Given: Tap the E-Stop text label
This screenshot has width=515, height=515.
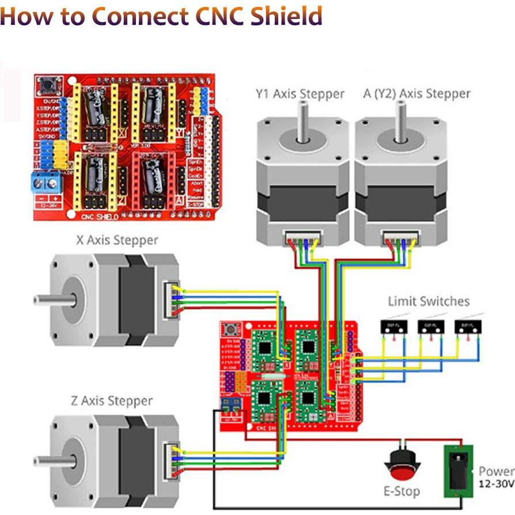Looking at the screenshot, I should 402,491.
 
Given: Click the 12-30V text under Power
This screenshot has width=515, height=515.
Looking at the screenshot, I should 496,485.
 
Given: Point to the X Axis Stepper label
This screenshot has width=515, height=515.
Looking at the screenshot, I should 117,240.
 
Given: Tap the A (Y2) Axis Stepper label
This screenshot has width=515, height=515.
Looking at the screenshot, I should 417,93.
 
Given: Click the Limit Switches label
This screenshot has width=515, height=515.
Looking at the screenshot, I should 428,301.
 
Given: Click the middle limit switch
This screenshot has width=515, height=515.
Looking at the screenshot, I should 430,326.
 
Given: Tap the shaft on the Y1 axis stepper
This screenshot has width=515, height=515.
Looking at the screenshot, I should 301,124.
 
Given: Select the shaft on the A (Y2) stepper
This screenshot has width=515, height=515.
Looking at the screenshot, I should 397,124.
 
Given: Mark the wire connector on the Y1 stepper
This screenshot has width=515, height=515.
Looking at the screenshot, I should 300,236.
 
